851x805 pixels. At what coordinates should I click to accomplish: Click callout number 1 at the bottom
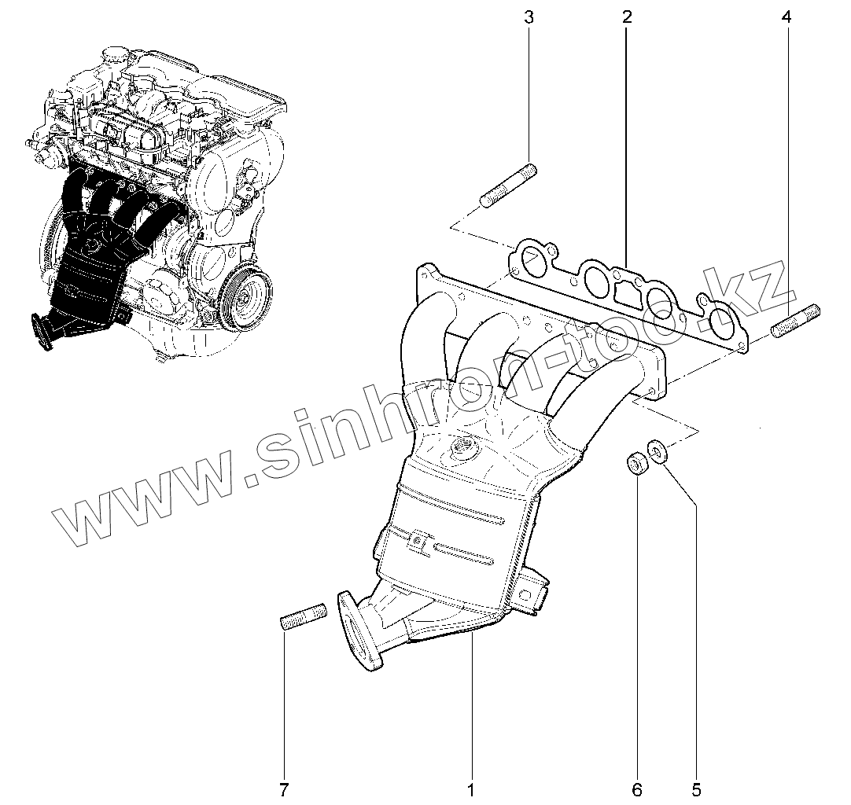[x=471, y=788]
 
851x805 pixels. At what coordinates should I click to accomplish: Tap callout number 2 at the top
[x=626, y=17]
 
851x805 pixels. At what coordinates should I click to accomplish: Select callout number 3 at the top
[x=529, y=17]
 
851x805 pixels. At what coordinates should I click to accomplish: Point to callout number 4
[x=787, y=17]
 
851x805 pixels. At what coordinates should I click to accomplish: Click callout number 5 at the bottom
[x=696, y=788]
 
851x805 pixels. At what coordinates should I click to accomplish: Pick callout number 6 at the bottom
[x=637, y=788]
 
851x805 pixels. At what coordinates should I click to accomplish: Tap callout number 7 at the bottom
[x=285, y=788]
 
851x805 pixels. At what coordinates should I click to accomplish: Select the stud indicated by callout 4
[x=797, y=321]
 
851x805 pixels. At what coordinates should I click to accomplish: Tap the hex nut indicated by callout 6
[x=635, y=462]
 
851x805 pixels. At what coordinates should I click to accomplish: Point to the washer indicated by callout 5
[x=656, y=450]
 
